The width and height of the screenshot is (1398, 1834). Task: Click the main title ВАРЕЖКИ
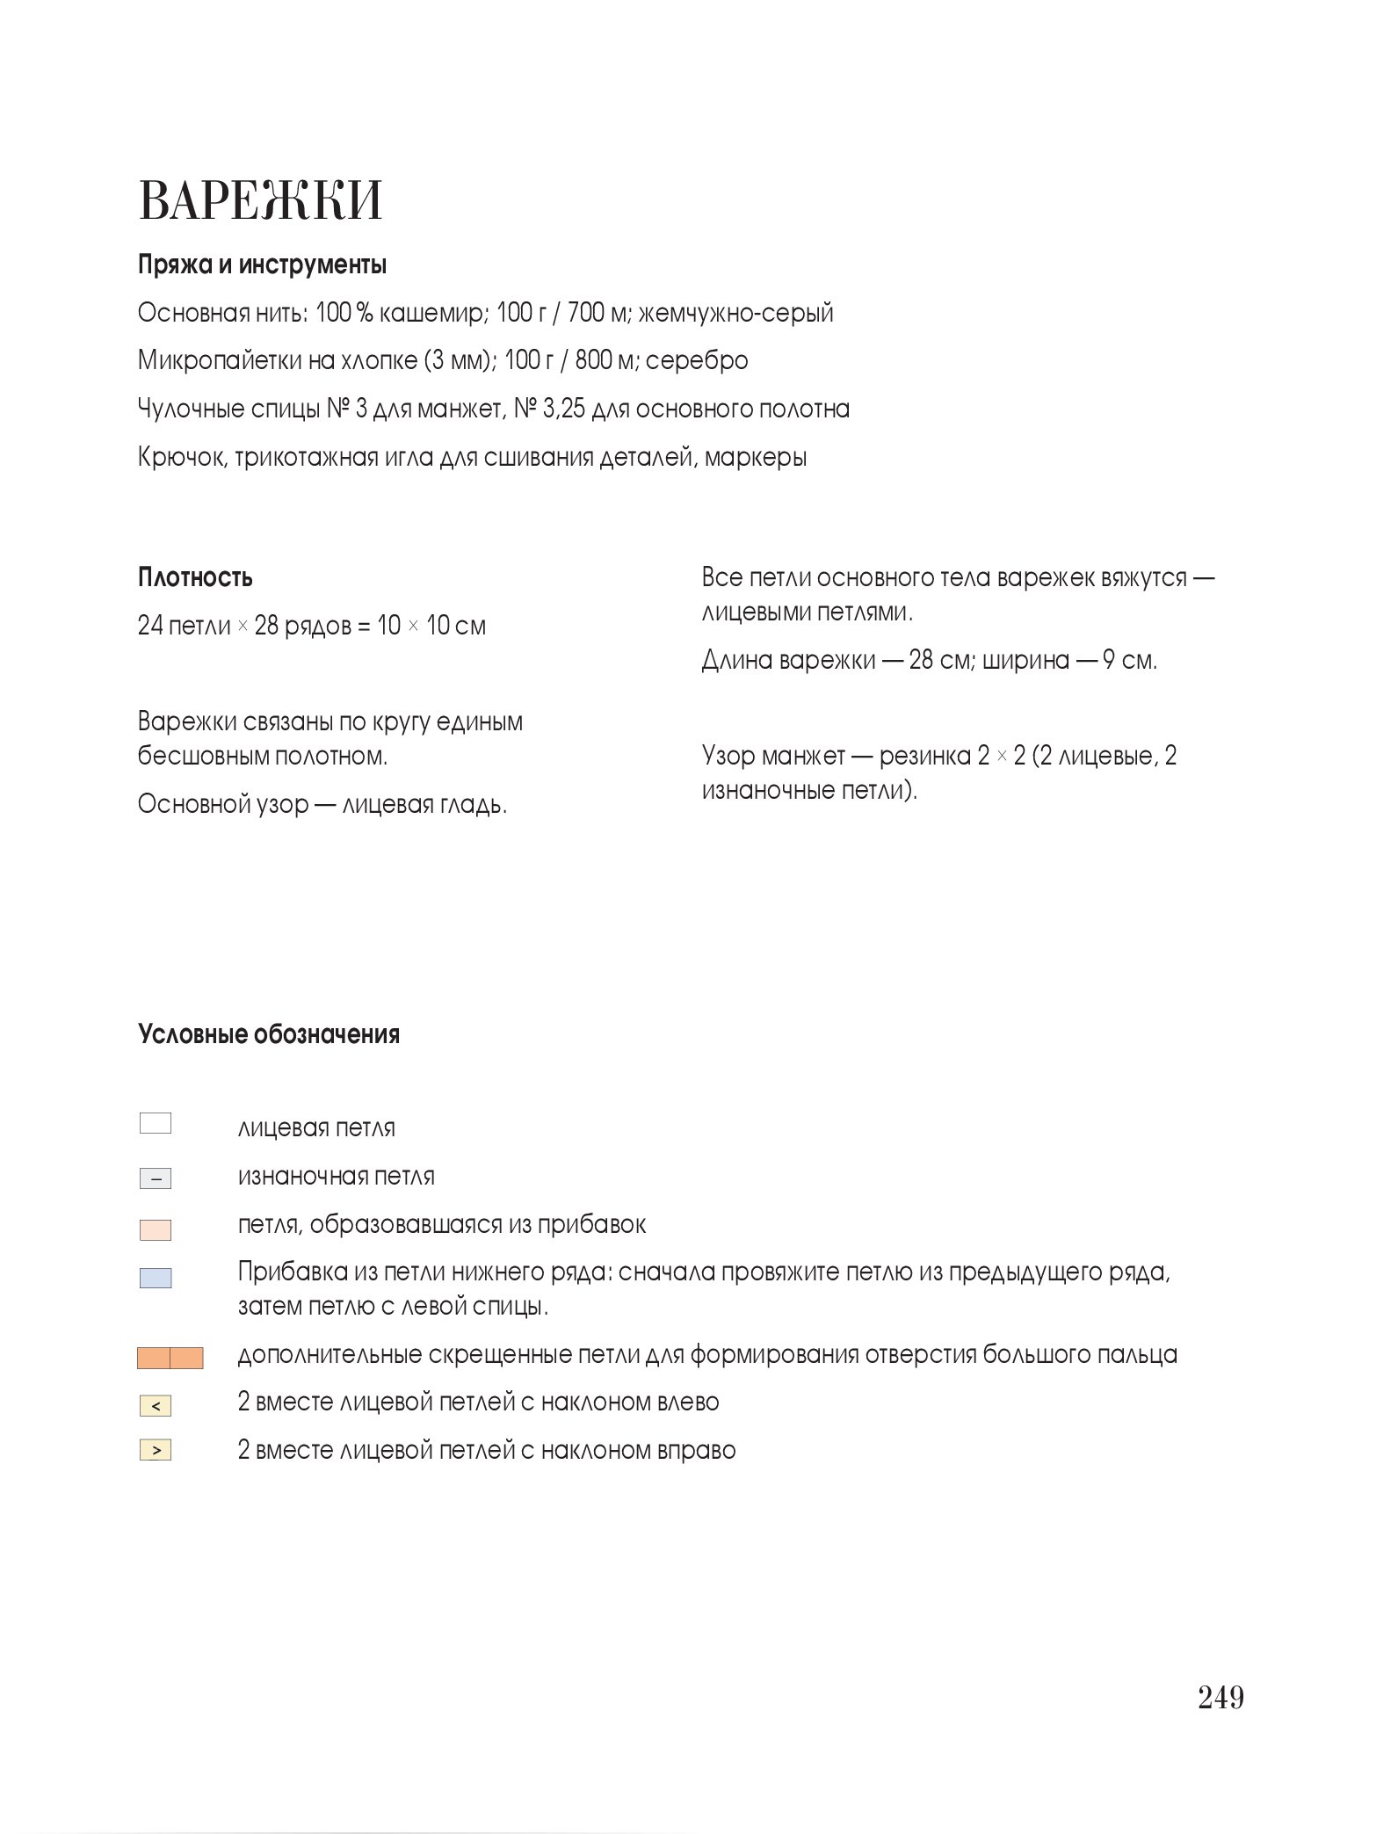point(260,200)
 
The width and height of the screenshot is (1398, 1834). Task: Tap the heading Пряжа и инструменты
point(262,265)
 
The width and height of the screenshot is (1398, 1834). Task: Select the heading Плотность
point(195,577)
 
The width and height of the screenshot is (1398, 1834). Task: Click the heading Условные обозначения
point(268,1034)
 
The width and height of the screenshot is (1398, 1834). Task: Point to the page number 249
point(1221,1698)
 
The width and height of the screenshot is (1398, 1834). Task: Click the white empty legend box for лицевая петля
point(156,1124)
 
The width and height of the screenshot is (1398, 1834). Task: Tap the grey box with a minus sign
point(156,1178)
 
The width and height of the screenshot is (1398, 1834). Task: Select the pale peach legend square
point(156,1229)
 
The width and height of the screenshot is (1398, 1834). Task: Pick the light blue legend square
point(156,1279)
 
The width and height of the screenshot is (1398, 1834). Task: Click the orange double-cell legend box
point(170,1358)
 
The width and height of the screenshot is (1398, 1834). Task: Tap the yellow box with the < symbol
point(156,1406)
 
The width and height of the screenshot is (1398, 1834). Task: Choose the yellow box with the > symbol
point(156,1450)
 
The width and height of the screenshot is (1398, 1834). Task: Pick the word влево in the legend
point(685,1402)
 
